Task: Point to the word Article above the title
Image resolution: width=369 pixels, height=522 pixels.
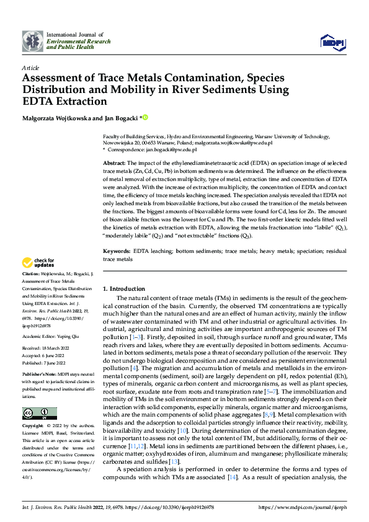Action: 30,67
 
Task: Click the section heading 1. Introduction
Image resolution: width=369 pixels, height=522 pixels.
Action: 124,289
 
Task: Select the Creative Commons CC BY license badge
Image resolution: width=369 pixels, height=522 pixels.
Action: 39,414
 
